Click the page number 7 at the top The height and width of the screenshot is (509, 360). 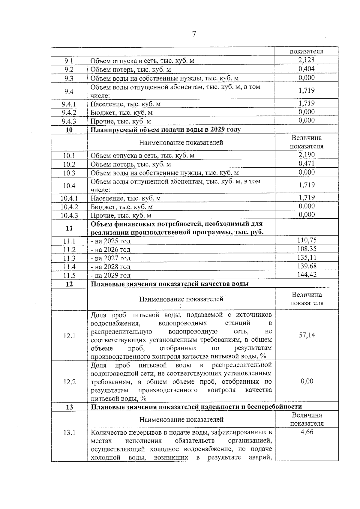(x=194, y=34)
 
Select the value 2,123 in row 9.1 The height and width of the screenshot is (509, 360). (x=306, y=60)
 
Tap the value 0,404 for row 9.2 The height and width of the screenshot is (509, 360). (x=306, y=69)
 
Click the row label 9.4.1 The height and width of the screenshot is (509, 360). (x=69, y=104)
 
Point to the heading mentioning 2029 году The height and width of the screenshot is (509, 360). (x=166, y=130)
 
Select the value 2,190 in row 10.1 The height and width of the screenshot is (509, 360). (x=306, y=155)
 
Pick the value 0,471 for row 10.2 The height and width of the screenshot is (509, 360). (x=306, y=163)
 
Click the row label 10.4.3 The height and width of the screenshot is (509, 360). (x=69, y=215)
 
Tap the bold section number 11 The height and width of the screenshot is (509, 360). (x=69, y=228)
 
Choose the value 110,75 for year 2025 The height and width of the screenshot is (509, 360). (x=307, y=240)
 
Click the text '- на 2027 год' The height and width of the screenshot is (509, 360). (x=110, y=258)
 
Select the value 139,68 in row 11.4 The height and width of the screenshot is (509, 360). (x=307, y=266)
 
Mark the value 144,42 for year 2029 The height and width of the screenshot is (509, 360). (x=307, y=274)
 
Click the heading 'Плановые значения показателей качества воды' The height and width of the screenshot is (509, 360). (x=169, y=284)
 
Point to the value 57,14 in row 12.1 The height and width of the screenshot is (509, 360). (x=307, y=335)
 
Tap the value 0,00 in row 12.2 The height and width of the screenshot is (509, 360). (x=307, y=381)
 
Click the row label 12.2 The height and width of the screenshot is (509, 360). (x=69, y=382)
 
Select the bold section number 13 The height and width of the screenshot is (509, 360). (x=69, y=407)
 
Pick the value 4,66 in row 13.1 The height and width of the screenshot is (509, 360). (x=307, y=432)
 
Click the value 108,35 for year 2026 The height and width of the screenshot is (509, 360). (x=307, y=249)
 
